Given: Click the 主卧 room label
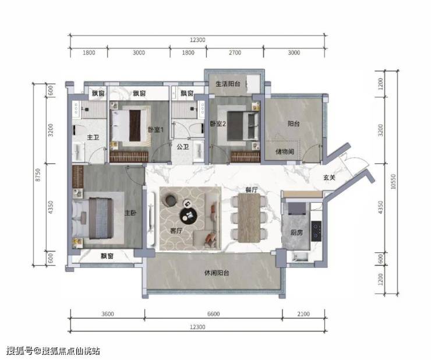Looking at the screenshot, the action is (130, 213).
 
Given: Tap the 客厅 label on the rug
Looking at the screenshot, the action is (176, 231).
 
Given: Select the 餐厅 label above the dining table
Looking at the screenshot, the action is (252, 190).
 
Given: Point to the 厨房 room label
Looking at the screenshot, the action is (296, 232).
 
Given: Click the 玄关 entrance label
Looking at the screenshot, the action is (329, 178).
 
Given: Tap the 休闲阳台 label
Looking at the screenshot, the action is (217, 273).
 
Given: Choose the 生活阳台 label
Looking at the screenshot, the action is (228, 84).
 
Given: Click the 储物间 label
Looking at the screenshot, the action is (285, 151).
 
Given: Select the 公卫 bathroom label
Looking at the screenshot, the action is (183, 147).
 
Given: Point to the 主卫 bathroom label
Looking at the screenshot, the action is (93, 137).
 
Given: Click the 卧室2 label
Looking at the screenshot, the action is (218, 123).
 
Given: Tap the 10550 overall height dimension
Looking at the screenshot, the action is (393, 182).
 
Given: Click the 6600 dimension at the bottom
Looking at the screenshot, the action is (214, 314).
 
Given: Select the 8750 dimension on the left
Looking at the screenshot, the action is (38, 175).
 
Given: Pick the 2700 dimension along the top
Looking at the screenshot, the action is (235, 52).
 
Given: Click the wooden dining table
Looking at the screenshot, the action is (249, 218).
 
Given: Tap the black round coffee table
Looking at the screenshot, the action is (189, 215).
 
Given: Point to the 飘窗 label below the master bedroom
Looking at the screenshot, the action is (107, 256).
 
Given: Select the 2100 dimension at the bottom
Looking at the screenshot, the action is (303, 314).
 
